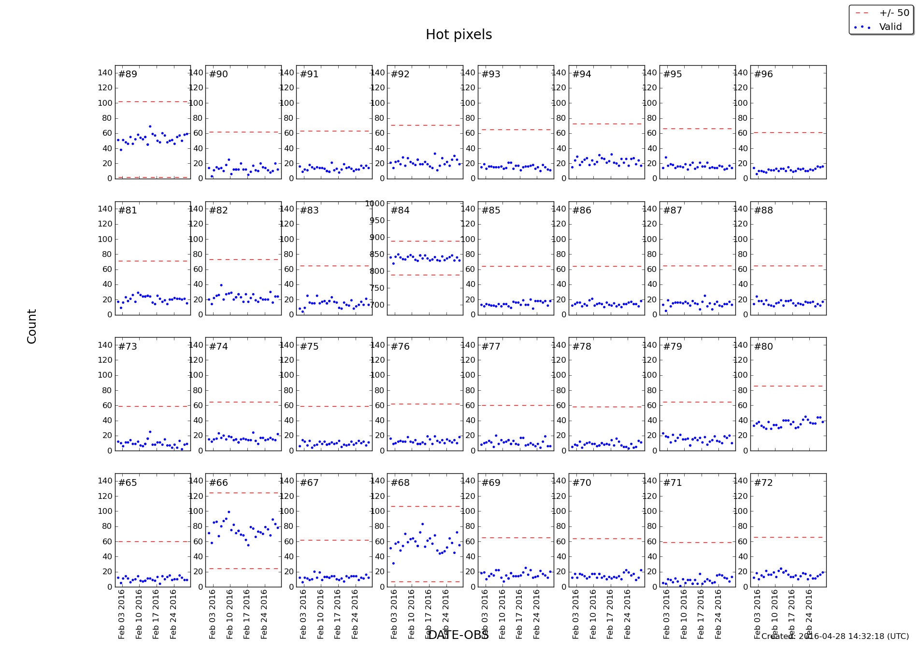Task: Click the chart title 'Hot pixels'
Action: (459, 35)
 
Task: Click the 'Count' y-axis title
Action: (32, 326)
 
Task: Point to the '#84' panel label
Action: (400, 210)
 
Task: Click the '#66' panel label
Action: (218, 482)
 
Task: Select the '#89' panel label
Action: (128, 74)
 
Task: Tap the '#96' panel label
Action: (763, 74)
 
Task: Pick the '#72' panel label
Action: (763, 482)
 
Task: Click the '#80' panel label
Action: (763, 346)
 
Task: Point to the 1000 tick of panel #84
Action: (375, 204)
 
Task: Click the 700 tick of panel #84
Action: (377, 305)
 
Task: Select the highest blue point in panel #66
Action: (229, 512)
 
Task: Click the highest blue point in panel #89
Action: (150, 127)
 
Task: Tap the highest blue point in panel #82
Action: (221, 285)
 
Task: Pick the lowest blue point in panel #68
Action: (393, 563)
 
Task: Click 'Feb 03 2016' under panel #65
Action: (121, 614)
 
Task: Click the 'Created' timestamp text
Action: (835, 636)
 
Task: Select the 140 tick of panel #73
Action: (105, 345)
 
